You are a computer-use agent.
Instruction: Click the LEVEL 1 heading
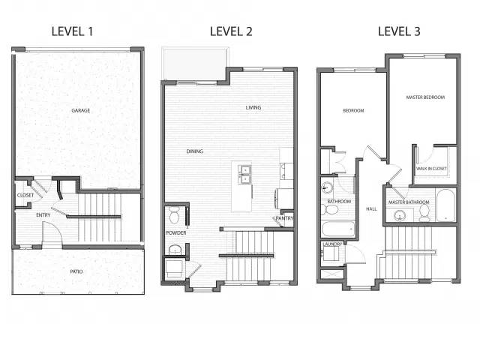tap(72, 31)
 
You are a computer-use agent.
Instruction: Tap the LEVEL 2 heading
tap(231, 31)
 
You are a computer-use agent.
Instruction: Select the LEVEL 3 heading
tap(399, 31)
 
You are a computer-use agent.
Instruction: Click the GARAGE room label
tap(81, 110)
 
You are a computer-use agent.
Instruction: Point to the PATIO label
tap(76, 271)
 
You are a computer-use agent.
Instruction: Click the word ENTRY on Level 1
tap(43, 215)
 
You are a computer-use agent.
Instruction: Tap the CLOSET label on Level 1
tap(25, 195)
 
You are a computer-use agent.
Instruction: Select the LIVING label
tap(253, 107)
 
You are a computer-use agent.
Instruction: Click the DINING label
tap(195, 151)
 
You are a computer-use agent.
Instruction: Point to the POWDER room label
tap(176, 233)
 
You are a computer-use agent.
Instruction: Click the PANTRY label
tap(284, 218)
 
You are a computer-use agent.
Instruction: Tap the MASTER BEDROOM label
tap(425, 97)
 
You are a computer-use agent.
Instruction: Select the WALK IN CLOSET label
tap(431, 169)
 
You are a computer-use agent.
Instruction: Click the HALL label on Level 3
tap(371, 209)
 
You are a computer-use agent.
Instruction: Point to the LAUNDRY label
tap(332, 244)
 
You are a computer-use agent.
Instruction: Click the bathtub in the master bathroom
tap(445, 205)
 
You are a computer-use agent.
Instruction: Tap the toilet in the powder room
tap(175, 214)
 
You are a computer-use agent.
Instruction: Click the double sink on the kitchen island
tap(245, 175)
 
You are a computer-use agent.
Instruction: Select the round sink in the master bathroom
tap(400, 215)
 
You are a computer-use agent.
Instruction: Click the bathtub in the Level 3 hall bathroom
tap(338, 229)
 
